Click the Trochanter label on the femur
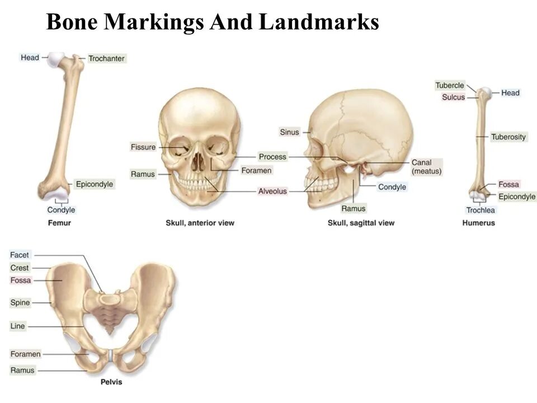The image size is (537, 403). (106, 58)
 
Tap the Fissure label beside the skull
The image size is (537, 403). (143, 147)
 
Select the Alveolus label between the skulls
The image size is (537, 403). (272, 191)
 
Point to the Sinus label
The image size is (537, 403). (289, 132)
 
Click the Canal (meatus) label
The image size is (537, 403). (427, 167)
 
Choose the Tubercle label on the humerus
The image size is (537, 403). (450, 86)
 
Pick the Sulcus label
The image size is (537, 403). (453, 97)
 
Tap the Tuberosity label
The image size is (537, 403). (508, 137)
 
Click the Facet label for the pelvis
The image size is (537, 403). (20, 255)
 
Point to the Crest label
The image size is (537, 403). (20, 268)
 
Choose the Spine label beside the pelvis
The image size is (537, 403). (20, 303)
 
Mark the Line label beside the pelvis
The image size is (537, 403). (18, 326)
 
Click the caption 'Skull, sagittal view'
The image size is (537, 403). (361, 223)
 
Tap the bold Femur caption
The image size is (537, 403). (59, 223)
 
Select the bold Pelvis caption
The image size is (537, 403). (111, 382)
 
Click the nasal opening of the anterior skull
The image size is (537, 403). (199, 163)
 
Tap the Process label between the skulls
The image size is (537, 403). (272, 157)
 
